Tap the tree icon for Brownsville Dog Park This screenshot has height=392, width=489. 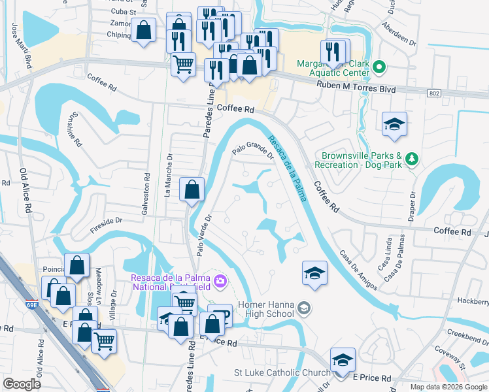point(412,159)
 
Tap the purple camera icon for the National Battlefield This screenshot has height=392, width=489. point(221,281)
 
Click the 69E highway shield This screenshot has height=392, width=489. point(32,304)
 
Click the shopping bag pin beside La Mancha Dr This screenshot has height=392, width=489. point(192,190)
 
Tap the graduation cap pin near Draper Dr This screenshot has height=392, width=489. point(394,125)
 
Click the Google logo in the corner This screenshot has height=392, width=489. point(23,384)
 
